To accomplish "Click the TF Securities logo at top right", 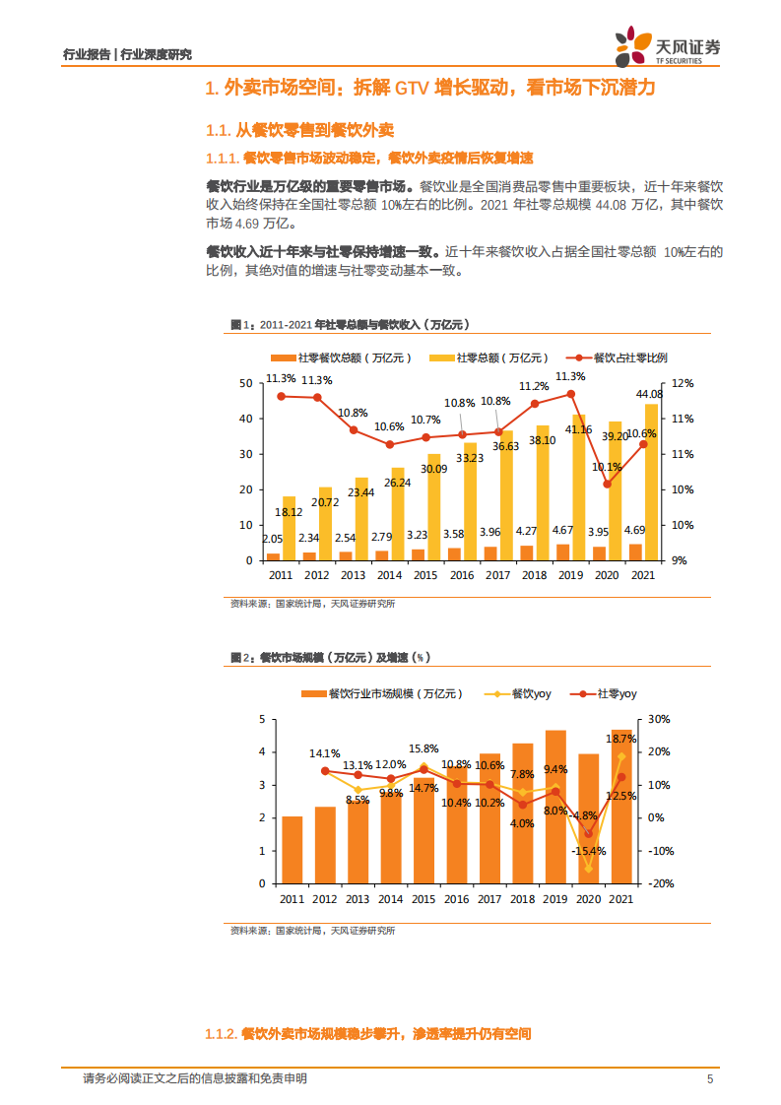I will click(667, 46).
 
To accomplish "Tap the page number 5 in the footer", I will click(709, 1078).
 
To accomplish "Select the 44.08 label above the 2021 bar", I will click(649, 394).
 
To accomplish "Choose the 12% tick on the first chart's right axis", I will click(683, 383).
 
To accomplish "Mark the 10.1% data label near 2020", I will click(607, 468).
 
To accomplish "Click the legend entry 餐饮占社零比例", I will click(630, 358).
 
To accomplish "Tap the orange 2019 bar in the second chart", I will click(556, 807).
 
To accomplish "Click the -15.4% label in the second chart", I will click(588, 850).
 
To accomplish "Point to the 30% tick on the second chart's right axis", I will click(660, 719).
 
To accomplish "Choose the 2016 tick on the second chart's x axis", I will click(456, 899).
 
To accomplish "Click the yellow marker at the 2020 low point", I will click(589, 869).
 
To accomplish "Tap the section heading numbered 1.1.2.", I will click(367, 1034).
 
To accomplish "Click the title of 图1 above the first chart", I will click(349, 324).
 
